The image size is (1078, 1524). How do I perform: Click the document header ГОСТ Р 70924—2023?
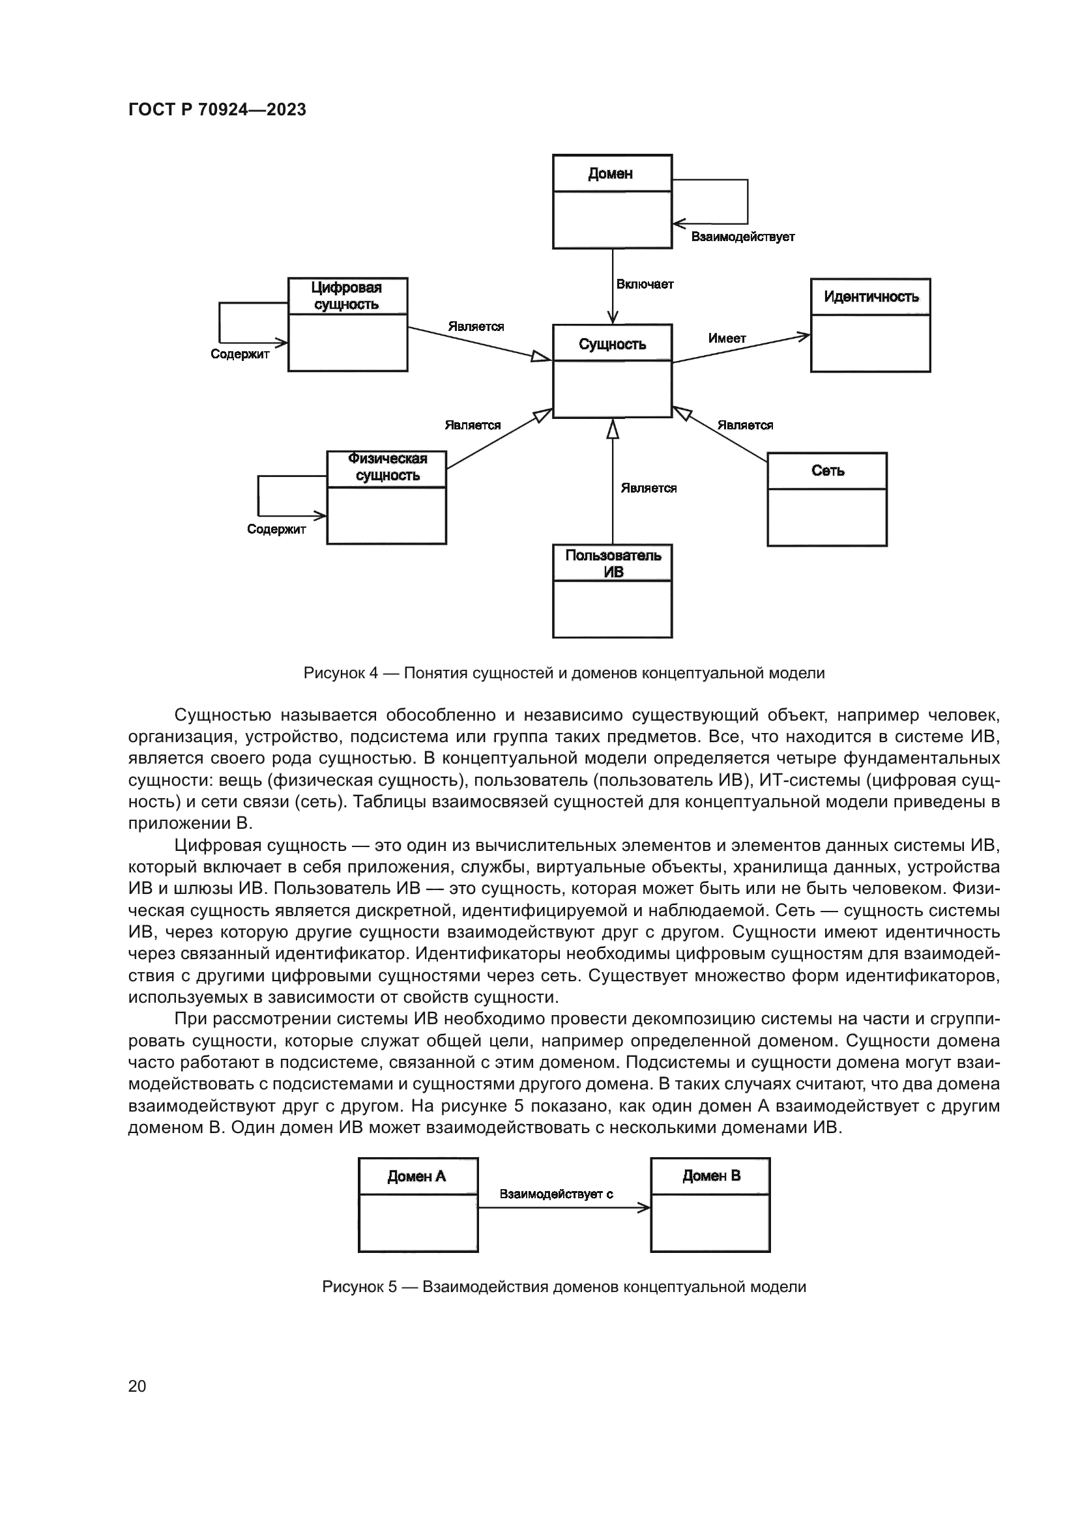click(x=217, y=110)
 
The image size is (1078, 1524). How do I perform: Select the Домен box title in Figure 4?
click(x=610, y=174)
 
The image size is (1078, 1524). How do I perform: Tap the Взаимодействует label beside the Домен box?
click(x=743, y=237)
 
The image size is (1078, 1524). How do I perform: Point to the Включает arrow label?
click(x=645, y=285)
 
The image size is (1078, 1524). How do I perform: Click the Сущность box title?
click(x=612, y=344)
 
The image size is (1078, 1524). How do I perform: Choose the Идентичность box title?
click(x=871, y=296)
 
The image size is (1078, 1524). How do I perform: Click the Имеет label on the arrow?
click(x=727, y=339)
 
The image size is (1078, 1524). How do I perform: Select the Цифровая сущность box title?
click(x=347, y=296)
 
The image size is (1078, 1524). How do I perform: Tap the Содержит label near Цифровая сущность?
click(x=240, y=354)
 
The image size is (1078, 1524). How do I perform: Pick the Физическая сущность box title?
click(x=388, y=467)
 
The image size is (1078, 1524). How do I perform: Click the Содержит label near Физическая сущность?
click(x=276, y=530)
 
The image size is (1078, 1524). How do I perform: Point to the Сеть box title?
click(x=827, y=471)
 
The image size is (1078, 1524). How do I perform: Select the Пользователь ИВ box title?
click(x=613, y=564)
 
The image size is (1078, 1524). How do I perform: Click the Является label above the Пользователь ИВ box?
click(x=648, y=489)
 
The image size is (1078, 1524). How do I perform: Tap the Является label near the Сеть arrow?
click(x=745, y=425)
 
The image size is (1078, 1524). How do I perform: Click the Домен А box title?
click(x=417, y=1177)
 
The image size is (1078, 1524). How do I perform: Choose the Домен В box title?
click(x=711, y=1176)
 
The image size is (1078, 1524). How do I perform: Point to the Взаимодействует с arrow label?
click(x=556, y=1194)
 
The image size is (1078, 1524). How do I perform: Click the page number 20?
click(x=137, y=1386)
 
